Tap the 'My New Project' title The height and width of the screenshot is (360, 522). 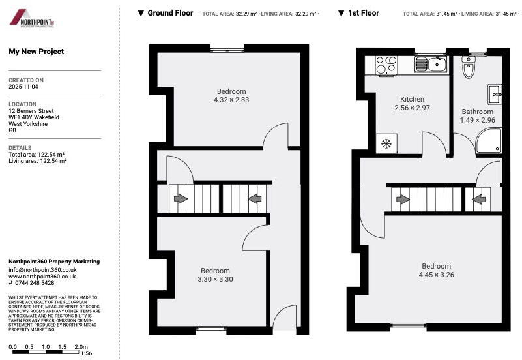tap(36, 52)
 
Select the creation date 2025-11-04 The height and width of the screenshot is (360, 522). tap(25, 86)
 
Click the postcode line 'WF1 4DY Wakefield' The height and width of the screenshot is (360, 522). tap(34, 117)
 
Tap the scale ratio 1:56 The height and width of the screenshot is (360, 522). tap(85, 353)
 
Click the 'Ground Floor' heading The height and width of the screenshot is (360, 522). tap(170, 13)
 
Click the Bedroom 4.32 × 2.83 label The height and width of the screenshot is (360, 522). tap(231, 95)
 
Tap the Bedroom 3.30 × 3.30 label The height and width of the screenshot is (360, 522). tap(215, 275)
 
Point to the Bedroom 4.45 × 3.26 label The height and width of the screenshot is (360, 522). tap(436, 270)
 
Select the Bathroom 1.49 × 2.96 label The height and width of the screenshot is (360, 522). tap(478, 115)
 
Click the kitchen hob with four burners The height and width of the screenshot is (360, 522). tap(386, 65)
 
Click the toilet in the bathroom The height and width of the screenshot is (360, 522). tap(469, 66)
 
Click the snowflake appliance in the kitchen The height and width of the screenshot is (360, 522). tap(386, 143)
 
